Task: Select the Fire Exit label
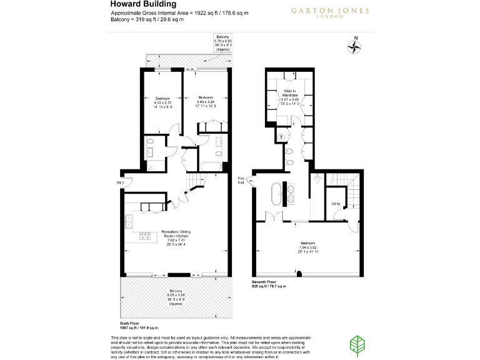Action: pyautogui.click(x=241, y=181)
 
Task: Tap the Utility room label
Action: pyautogui.click(x=336, y=204)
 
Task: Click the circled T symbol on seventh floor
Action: pyautogui.click(x=282, y=137)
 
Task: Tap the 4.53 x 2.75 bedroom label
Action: pyautogui.click(x=163, y=102)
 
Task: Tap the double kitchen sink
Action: pyautogui.click(x=129, y=220)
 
